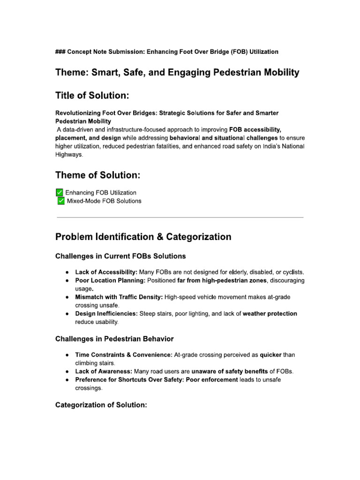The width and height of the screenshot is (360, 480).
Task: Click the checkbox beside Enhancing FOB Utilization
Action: click(59, 192)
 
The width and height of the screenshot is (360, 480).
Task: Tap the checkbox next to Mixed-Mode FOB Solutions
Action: click(61, 201)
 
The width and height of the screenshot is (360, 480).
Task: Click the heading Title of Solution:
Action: click(92, 96)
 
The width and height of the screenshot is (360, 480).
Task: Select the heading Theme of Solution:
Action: click(97, 175)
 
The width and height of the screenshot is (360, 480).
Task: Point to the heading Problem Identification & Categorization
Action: click(143, 237)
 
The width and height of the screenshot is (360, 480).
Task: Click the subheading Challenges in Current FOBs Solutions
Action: click(120, 256)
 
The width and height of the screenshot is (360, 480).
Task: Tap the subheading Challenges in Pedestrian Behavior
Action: click(114, 339)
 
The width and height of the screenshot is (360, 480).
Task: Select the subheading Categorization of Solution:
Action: click(101, 405)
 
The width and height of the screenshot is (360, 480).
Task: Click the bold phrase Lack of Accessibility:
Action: click(106, 272)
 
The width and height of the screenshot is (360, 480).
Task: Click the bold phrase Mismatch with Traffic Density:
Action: click(119, 297)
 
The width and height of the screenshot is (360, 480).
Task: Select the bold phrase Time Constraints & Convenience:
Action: click(124, 355)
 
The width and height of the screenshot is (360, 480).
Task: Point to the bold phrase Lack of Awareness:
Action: click(103, 371)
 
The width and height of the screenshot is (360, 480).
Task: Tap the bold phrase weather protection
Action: click(270, 314)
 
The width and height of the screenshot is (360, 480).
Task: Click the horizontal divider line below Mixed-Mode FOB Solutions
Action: click(180, 217)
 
